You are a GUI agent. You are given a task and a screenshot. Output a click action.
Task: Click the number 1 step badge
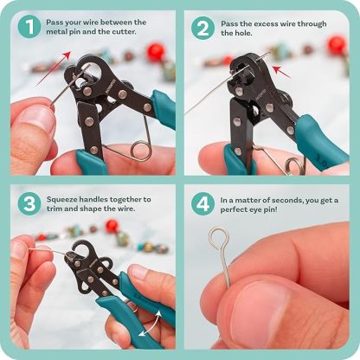[x=29, y=28]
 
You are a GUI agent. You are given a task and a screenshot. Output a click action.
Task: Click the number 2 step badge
[x=203, y=28]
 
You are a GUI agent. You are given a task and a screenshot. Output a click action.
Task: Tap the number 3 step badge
[x=29, y=205]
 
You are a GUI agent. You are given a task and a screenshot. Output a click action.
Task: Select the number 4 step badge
[x=203, y=205]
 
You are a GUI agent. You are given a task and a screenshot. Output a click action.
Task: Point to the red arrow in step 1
[x=54, y=68]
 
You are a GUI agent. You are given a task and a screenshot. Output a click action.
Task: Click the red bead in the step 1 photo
[x=157, y=53]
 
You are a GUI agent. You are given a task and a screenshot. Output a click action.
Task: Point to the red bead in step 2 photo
[x=337, y=45]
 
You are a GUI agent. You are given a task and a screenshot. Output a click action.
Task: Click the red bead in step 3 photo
[x=112, y=226]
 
